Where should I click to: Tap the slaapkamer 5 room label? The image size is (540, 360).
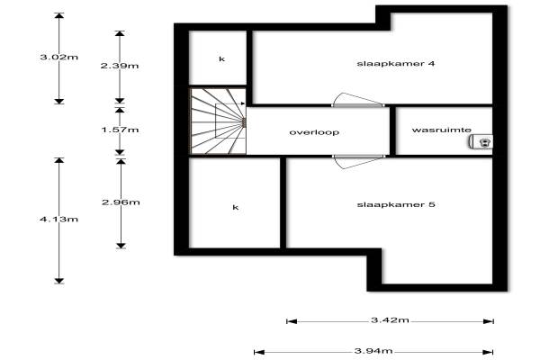point(396,205)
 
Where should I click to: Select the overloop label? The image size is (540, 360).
point(313,132)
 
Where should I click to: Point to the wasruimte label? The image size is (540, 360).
point(441,130)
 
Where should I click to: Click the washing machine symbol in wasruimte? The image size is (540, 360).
point(484,141)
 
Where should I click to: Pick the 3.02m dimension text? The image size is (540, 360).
point(58,58)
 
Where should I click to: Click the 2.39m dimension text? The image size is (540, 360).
point(120,66)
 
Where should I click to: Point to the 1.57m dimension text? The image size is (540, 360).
point(120,130)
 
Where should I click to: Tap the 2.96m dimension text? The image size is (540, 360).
point(120,202)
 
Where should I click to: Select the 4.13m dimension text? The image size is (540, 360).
point(58,219)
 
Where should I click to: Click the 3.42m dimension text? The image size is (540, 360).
point(391,319)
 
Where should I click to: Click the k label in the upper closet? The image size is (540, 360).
point(220,58)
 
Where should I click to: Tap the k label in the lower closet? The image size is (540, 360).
point(236,207)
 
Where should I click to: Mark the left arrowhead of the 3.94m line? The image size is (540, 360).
point(258,351)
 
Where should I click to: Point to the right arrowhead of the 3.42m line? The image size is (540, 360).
point(490,319)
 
